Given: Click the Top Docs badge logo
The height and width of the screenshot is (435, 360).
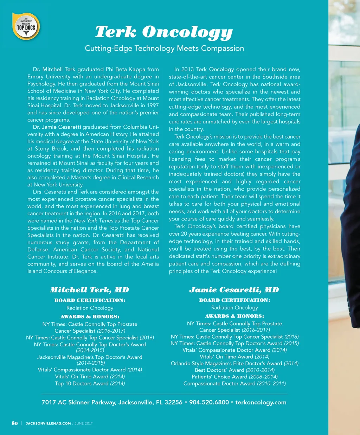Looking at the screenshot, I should (26, 26).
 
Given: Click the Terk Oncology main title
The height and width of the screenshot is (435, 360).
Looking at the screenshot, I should (164, 32).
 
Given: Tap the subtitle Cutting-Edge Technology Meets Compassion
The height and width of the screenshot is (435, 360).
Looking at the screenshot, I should (164, 49).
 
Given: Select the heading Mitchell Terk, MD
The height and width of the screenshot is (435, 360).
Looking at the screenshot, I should (89, 290).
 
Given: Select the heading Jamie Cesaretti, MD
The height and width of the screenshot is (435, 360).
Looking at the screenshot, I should (234, 290).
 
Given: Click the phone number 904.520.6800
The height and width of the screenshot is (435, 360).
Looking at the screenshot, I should (209, 402).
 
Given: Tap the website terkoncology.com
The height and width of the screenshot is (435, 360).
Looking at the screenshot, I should (261, 402).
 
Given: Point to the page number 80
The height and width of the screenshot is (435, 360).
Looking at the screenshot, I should (15, 423).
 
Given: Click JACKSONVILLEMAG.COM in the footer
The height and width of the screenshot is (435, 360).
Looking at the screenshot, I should (48, 423).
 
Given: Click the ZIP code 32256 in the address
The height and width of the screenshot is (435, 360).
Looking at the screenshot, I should (173, 402).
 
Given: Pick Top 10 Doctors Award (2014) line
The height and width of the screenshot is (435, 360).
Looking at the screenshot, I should (90, 383).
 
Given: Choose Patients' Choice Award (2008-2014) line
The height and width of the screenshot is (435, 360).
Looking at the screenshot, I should (234, 377).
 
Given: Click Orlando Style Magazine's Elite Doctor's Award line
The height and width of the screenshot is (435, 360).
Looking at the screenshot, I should (234, 363).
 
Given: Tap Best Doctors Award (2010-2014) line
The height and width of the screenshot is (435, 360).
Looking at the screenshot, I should (234, 370).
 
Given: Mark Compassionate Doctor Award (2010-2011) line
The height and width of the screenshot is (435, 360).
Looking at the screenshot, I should (234, 383).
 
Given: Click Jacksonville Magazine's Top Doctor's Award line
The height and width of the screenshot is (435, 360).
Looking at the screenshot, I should (90, 357).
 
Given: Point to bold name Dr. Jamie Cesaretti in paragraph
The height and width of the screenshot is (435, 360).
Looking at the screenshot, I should (57, 127).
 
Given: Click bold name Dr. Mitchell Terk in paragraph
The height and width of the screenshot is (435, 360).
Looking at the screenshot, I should (54, 69).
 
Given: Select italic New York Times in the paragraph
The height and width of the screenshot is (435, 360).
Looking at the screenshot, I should (94, 221).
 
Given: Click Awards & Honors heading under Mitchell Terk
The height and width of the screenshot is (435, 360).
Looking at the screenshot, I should (90, 316).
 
